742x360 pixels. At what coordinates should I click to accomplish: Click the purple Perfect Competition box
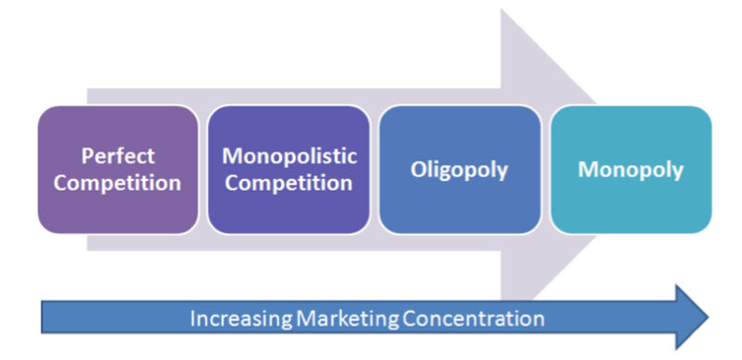(x=117, y=169)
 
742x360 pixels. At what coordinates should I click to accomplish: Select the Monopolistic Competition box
(x=288, y=169)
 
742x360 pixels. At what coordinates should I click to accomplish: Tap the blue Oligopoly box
(x=460, y=169)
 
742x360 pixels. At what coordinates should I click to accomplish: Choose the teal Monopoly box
(x=631, y=169)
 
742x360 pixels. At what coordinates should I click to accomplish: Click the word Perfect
(x=117, y=156)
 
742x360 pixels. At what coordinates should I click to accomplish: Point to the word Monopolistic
(x=288, y=156)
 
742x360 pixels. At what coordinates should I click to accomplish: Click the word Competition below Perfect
(x=117, y=183)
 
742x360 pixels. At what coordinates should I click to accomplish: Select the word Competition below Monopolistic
(x=288, y=183)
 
